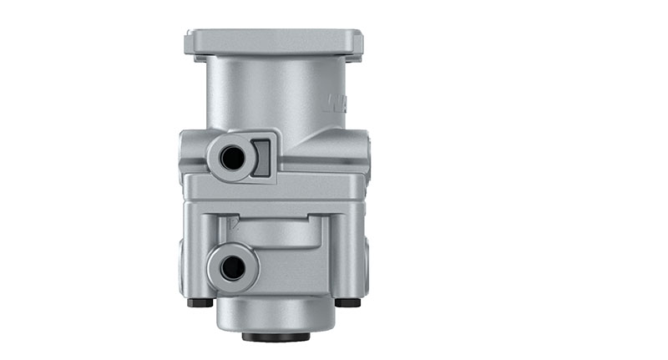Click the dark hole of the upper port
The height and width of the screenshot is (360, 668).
coord(233,156)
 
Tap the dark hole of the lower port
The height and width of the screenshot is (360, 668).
coord(232,267)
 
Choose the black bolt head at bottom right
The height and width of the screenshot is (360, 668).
coord(347,302)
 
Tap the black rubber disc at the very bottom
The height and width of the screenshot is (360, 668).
coord(276,337)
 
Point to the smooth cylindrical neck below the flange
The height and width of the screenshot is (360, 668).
coord(276,92)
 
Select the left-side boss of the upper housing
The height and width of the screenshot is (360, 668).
coord(185,155)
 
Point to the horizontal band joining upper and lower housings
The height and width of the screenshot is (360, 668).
coord(276,187)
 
